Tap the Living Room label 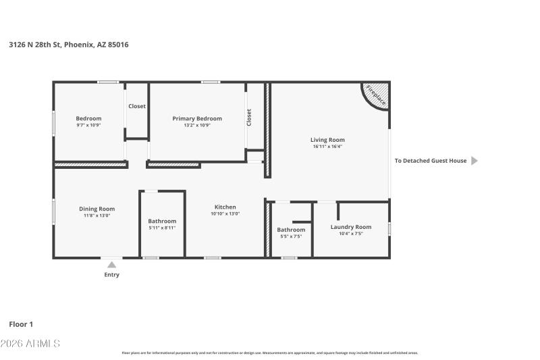(327, 140)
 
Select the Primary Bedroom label (196, 118)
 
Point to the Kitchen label (225, 207)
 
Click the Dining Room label (97, 209)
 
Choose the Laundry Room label (350, 227)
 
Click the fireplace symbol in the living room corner (377, 95)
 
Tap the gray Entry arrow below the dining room (111, 265)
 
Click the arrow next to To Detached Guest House (474, 161)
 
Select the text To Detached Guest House (431, 161)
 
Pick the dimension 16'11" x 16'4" (327, 147)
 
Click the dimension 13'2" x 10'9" (196, 125)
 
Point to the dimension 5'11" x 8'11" (162, 228)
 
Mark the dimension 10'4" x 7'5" (350, 234)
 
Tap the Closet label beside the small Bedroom (137, 106)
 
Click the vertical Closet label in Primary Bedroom (249, 117)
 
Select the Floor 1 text (21, 324)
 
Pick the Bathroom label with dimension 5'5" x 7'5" (291, 230)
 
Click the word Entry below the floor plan (111, 274)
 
